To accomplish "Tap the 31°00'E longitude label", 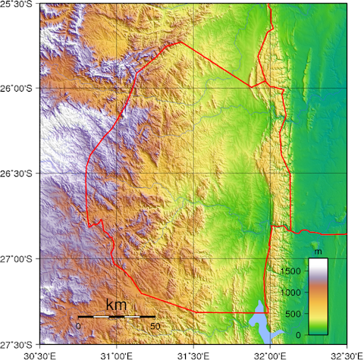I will coord(115,354).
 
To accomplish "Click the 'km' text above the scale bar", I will coord(116,305).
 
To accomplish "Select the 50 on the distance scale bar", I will coord(155,326).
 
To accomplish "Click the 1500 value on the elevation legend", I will coord(291,270).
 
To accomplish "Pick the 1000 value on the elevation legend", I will coord(291,292).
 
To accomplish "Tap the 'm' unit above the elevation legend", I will coord(318,251).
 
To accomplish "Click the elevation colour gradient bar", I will coord(318,296).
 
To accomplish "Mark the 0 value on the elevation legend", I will coord(299,334).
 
